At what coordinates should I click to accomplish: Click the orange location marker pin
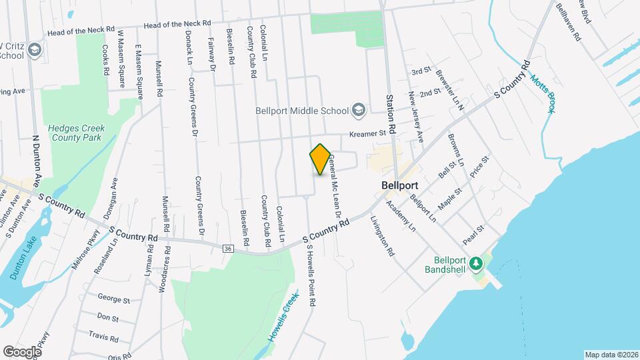click(320, 159)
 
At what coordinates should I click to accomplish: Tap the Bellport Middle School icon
click(359, 110)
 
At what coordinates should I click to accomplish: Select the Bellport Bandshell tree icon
click(475, 265)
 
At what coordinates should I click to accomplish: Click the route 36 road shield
click(229, 248)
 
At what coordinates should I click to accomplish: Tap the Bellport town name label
click(399, 184)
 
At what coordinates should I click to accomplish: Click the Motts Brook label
click(542, 93)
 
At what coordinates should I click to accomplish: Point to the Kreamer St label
click(369, 133)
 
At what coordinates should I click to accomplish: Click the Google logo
click(22, 351)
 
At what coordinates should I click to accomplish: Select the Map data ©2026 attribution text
click(611, 354)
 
